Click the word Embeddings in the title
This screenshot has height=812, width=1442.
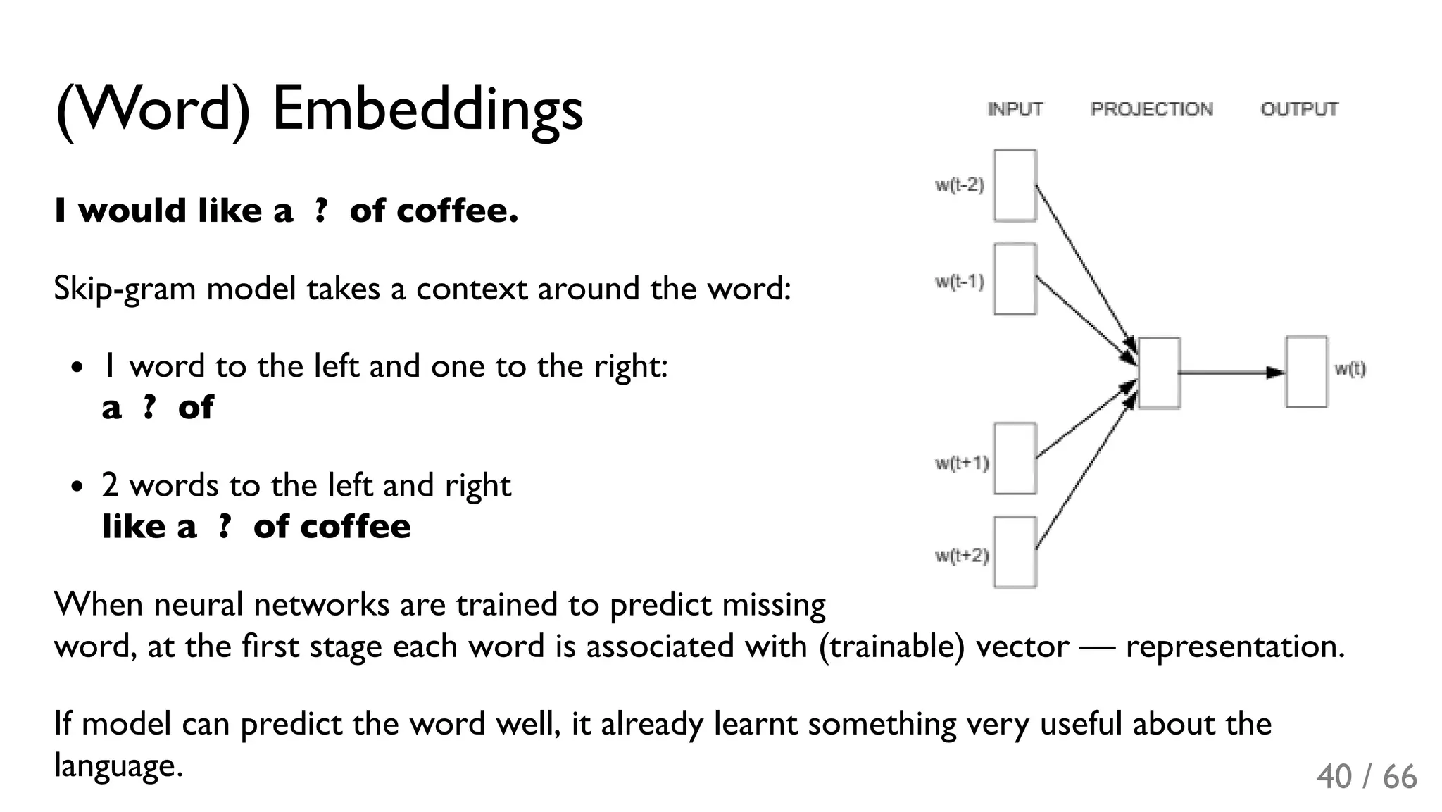click(x=427, y=109)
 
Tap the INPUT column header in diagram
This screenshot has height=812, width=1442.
click(x=1015, y=109)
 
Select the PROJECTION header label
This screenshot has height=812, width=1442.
click(x=1151, y=109)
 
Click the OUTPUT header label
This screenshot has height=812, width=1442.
click(x=1298, y=109)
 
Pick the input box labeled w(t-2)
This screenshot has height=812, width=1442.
click(x=1015, y=185)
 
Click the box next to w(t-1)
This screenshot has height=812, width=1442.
click(x=1015, y=279)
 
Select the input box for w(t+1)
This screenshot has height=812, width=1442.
click(x=1015, y=458)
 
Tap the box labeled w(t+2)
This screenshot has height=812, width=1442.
click(x=1015, y=552)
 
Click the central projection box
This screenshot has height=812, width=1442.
click(x=1159, y=373)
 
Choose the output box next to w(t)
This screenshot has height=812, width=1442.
click(x=1306, y=372)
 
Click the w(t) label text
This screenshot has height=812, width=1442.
click(x=1350, y=368)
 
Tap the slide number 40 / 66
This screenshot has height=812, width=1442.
click(x=1366, y=777)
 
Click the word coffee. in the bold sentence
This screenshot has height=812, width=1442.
click(x=457, y=211)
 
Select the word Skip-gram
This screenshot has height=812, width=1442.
click(x=124, y=289)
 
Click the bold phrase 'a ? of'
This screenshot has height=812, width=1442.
click(x=157, y=407)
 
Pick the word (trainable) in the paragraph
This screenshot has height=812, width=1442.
click(x=891, y=646)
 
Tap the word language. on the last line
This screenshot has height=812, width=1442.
click(x=118, y=766)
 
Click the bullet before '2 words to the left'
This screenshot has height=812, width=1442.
click(x=77, y=487)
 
